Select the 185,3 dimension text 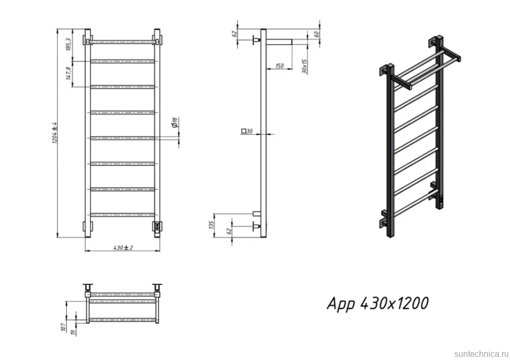coord(68,44)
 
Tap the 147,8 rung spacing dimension coord(68,73)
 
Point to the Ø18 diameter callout coord(175,122)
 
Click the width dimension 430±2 coord(123,248)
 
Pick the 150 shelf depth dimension coord(279,66)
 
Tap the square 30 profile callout coord(247,131)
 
